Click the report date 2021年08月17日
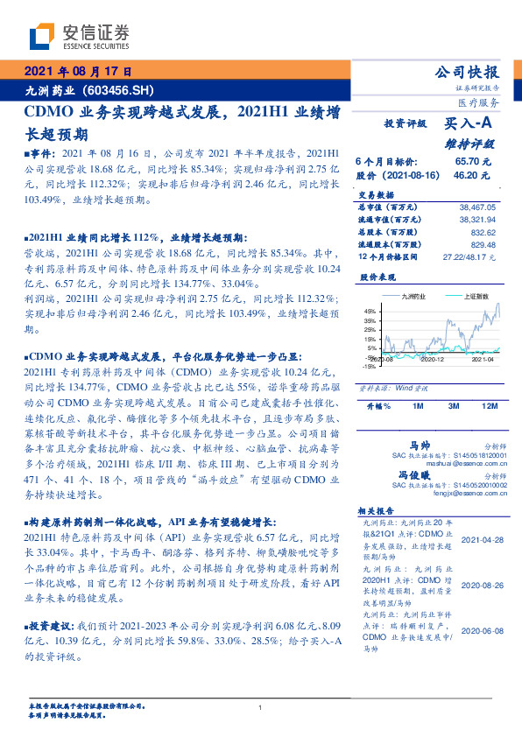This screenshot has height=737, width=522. [x=76, y=72]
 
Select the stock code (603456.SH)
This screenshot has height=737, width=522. [x=119, y=89]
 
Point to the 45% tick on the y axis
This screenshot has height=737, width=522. [x=370, y=311]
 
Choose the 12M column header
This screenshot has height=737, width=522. [x=489, y=407]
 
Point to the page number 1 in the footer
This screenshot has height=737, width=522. [x=260, y=707]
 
